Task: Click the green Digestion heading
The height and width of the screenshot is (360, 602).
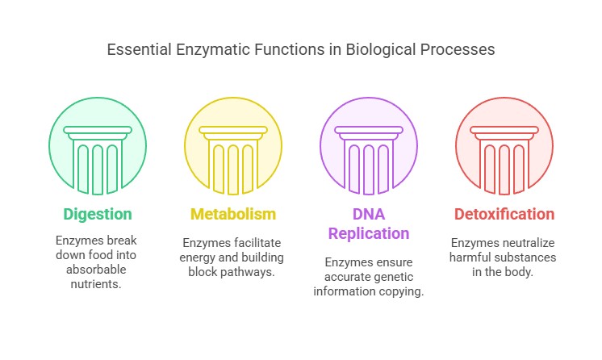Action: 98,215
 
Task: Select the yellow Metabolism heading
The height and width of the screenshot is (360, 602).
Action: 233,215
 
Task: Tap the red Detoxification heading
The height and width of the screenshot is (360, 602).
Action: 504,215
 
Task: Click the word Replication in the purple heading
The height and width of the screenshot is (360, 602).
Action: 369,234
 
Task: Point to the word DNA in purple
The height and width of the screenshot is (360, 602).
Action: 369,215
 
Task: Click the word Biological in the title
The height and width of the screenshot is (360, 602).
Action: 378,50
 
